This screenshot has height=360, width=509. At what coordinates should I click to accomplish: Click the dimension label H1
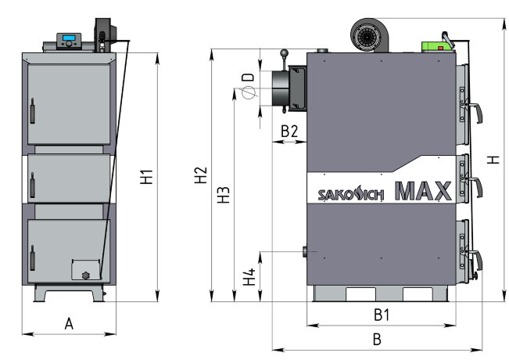(x=147, y=178)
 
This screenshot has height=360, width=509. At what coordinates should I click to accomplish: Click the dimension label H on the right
(x=493, y=159)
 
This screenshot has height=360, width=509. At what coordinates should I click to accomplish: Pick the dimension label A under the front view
(x=69, y=323)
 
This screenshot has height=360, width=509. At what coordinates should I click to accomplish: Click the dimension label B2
(x=289, y=131)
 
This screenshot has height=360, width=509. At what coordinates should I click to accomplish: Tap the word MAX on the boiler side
(x=423, y=192)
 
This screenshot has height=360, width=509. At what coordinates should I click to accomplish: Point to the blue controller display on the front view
(x=70, y=39)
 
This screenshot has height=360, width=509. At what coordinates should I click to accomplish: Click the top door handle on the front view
(x=33, y=111)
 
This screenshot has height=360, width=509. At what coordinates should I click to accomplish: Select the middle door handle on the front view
(x=32, y=188)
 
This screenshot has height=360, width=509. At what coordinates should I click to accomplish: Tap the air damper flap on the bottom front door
(x=85, y=271)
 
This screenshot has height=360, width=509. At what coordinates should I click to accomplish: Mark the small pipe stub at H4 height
(x=303, y=253)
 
